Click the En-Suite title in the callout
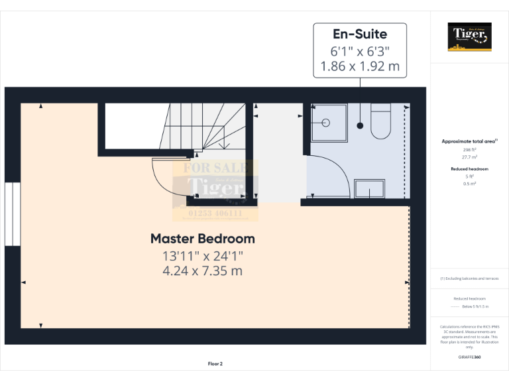[360, 34]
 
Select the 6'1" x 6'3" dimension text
[360, 51]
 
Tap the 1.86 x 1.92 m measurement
[360, 66]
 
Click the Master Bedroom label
[202, 239]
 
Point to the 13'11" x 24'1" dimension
[202, 256]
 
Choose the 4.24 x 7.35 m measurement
[202, 271]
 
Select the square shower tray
[329, 123]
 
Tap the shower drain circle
[326, 122]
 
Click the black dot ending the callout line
[360, 125]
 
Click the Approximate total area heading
[469, 141]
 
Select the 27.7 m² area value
[469, 157]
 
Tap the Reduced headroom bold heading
[469, 169]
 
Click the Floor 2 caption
[215, 363]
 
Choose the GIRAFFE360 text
[469, 357]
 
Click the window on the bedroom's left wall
[12, 214]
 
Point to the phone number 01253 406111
[215, 214]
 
